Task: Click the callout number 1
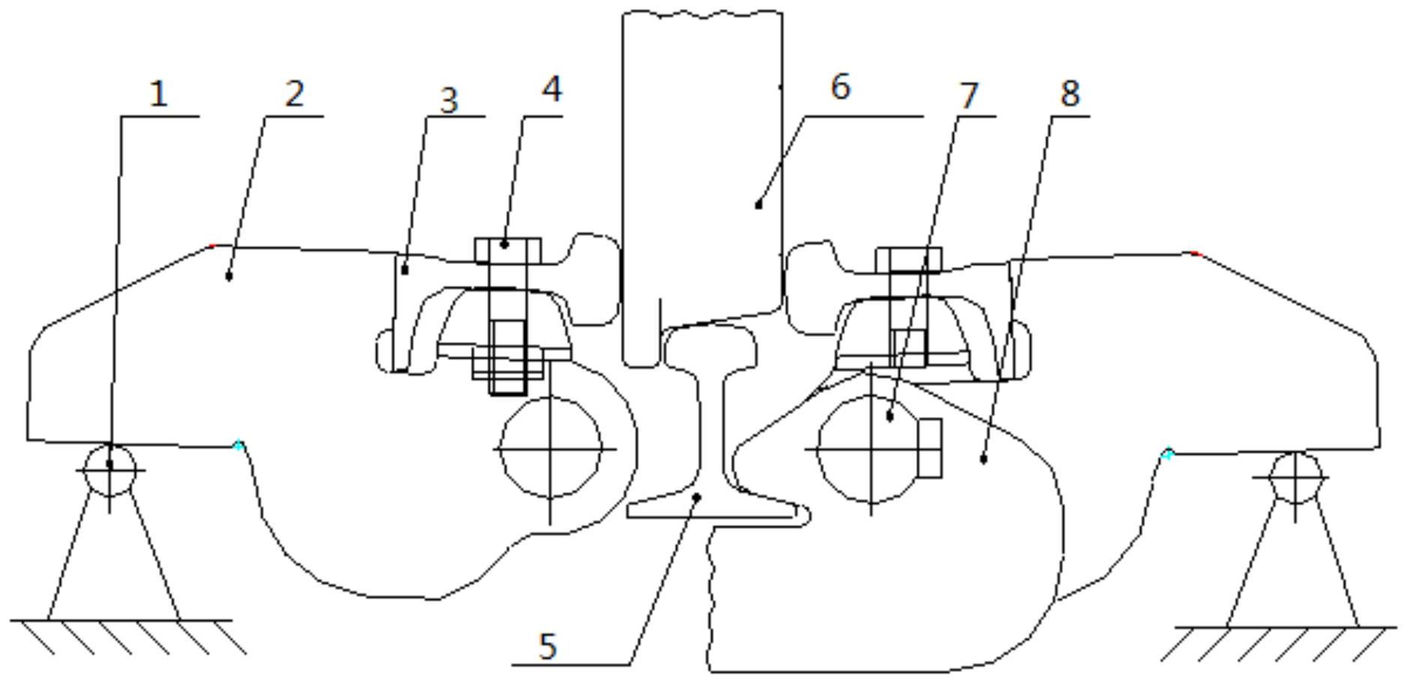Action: [x=158, y=94]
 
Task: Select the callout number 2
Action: [x=295, y=94]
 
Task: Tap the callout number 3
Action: [x=448, y=100]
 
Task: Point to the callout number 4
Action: [x=551, y=88]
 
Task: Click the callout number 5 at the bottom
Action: [x=548, y=646]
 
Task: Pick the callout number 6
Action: [x=840, y=86]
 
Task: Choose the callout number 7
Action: [x=969, y=95]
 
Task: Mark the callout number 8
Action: [x=1070, y=93]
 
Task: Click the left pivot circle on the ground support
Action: [x=110, y=469]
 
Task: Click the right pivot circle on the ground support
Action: [x=1296, y=477]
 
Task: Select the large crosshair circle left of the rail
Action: [x=551, y=448]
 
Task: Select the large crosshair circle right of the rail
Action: [x=870, y=449]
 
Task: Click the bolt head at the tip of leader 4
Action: [x=508, y=250]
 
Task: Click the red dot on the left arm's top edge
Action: [x=212, y=245]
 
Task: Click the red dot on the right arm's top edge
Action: [x=1194, y=254]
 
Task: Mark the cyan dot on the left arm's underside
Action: [x=238, y=445]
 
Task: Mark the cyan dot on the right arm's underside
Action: [x=1167, y=453]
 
